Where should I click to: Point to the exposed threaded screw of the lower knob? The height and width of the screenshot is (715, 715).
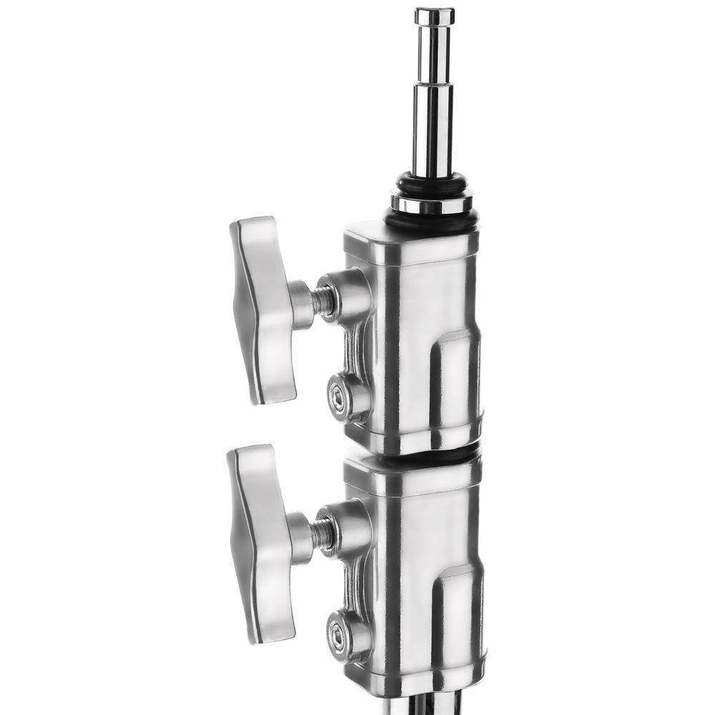pos(324,533)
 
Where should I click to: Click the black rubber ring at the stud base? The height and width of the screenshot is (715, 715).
pos(432,183)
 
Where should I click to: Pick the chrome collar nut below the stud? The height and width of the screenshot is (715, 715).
pos(432,204)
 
